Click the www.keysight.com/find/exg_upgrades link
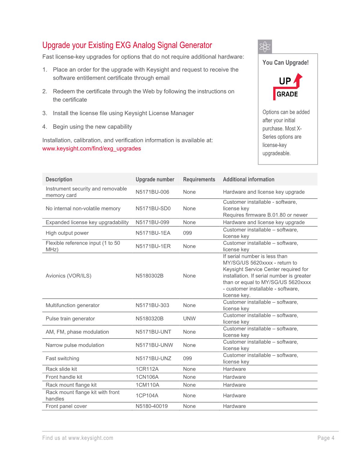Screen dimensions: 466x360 [92, 148]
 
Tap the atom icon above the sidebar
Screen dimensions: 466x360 [265, 47]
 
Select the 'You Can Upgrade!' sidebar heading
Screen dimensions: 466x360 [285, 62]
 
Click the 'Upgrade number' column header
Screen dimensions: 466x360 [155, 179]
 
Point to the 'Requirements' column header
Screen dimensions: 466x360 [199, 179]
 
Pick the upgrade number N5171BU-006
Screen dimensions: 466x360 [152, 192]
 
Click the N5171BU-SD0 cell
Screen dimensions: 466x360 [153, 209]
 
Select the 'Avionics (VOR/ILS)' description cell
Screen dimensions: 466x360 [68, 276]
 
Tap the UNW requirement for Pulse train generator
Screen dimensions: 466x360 [189, 318]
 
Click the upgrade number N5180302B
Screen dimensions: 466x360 [150, 276]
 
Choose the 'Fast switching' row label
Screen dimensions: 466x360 [62, 358]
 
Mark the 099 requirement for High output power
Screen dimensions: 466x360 [187, 233]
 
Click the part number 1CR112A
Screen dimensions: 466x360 [147, 369]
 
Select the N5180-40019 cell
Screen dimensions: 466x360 [152, 406]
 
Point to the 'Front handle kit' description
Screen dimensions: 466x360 [64, 377]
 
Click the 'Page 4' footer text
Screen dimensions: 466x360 [326, 438]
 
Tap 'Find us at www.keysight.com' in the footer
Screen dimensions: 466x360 [78, 438]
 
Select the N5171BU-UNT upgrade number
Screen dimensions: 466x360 [153, 332]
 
